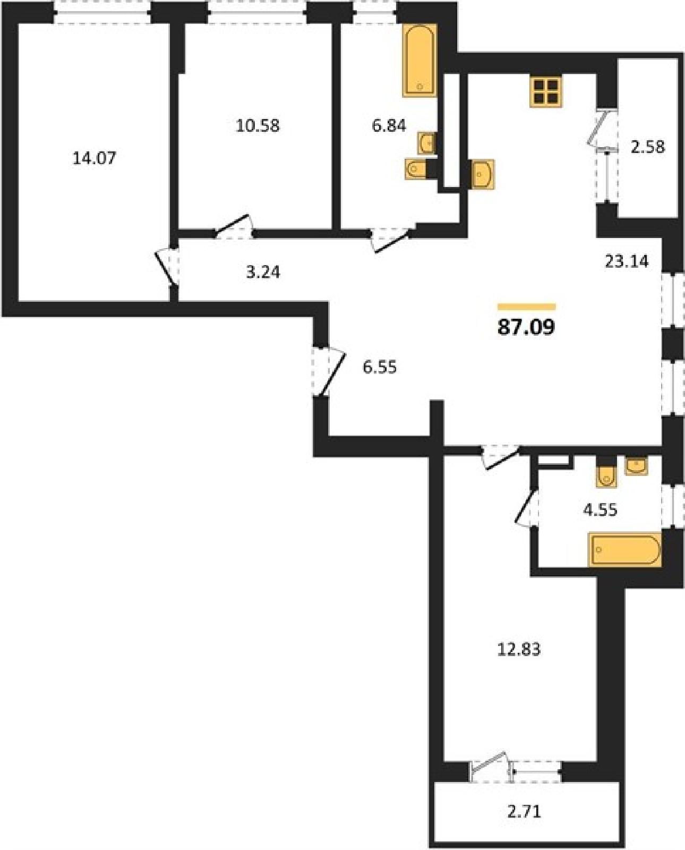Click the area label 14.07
[95, 158]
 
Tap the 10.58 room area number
[258, 126]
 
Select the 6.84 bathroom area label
[389, 126]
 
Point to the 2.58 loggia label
[648, 147]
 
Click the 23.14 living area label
[627, 261]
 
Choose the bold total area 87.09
[526, 327]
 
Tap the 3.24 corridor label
[263, 272]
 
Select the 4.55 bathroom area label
[600, 510]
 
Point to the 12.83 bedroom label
[519, 649]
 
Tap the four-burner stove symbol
[546, 92]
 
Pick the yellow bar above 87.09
[527, 307]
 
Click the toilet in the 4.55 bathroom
[606, 477]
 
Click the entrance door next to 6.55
[329, 373]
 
